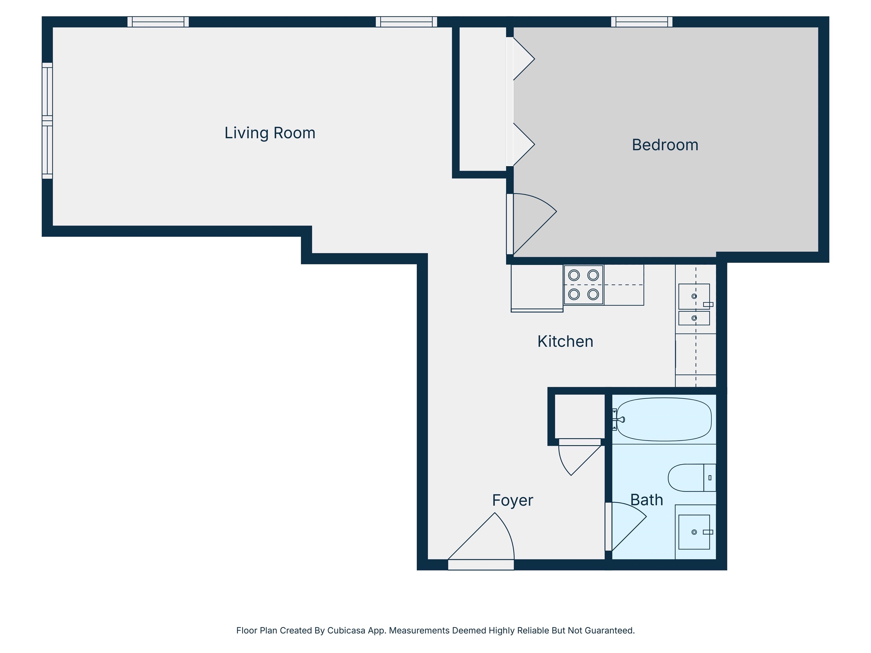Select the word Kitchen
point(565,341)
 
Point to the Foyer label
point(512,500)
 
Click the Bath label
point(646,500)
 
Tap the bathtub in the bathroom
point(664,419)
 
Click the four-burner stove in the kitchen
point(583,285)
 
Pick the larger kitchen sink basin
point(694,296)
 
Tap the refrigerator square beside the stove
point(537,287)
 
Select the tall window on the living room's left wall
point(47,120)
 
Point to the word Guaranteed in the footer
point(610,630)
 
